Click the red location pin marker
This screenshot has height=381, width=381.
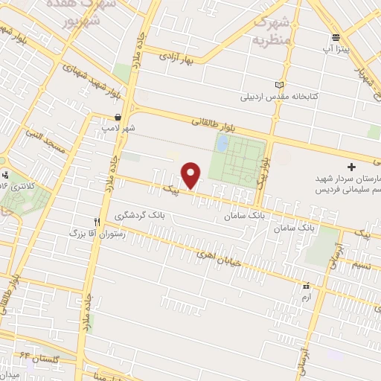pos(192,176)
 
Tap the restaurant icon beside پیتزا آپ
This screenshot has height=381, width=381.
pos(336,36)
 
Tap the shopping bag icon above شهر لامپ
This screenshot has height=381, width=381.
pos(118,117)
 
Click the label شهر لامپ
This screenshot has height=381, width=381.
pos(119,128)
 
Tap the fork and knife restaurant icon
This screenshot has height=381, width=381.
pos(96,221)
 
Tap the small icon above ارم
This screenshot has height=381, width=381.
pos(306,286)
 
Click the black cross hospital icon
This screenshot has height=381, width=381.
pos(352,165)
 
